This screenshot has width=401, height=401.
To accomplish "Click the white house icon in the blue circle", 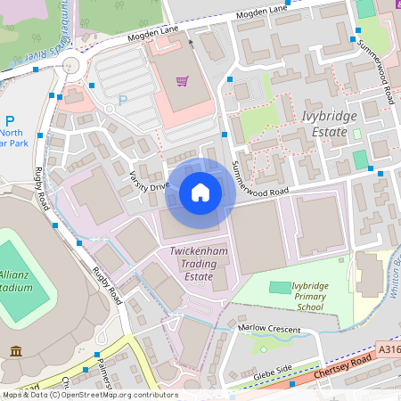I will pyautogui.click(x=200, y=192).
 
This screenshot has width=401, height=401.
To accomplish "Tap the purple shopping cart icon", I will pyautogui.click(x=182, y=81).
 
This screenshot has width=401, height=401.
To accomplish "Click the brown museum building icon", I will pyautogui.click(x=16, y=352).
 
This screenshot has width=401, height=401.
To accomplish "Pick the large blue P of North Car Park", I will pyautogui.click(x=9, y=120).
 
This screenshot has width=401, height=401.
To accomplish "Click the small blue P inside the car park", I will pyautogui.click(x=123, y=100).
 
